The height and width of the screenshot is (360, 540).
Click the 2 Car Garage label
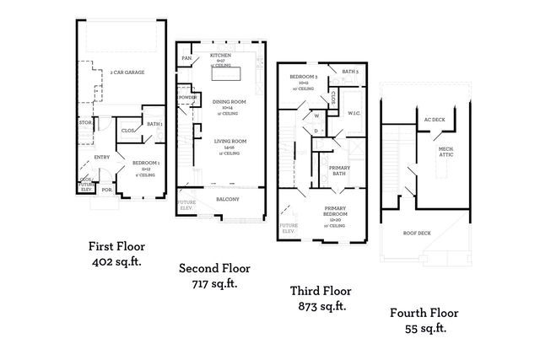(x=127, y=73)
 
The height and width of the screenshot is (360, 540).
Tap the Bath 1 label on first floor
(x=154, y=125)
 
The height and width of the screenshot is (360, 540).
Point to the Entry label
(x=102, y=157)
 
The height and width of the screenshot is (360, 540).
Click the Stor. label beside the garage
(x=84, y=123)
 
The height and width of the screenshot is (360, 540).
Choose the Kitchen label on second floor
(x=208, y=56)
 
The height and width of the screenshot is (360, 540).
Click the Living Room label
(x=229, y=142)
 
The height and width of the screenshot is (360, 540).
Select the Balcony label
(x=228, y=199)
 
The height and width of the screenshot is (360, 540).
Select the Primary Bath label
(x=338, y=170)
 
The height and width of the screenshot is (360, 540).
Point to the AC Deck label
(x=434, y=120)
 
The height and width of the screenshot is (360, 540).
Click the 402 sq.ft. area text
(x=116, y=262)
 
